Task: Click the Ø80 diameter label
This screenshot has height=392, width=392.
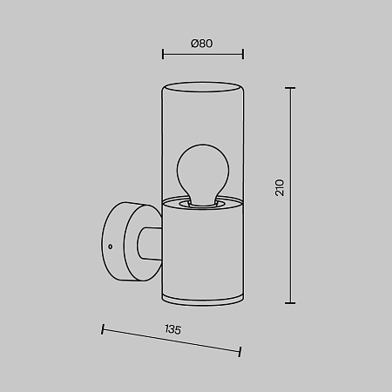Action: pos(202,44)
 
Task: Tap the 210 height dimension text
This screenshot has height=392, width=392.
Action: pos(280,187)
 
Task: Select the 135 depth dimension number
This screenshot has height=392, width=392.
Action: pos(173,329)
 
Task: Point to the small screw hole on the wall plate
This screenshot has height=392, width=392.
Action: pos(111,247)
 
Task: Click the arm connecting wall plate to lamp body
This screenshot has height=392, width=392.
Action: pos(150,243)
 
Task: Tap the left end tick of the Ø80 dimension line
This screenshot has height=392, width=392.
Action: pos(163,54)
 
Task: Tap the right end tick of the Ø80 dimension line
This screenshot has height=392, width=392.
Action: pos(243,54)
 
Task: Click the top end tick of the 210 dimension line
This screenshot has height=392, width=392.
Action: pos(290,88)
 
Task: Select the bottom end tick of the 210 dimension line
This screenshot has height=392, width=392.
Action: pos(290,303)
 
